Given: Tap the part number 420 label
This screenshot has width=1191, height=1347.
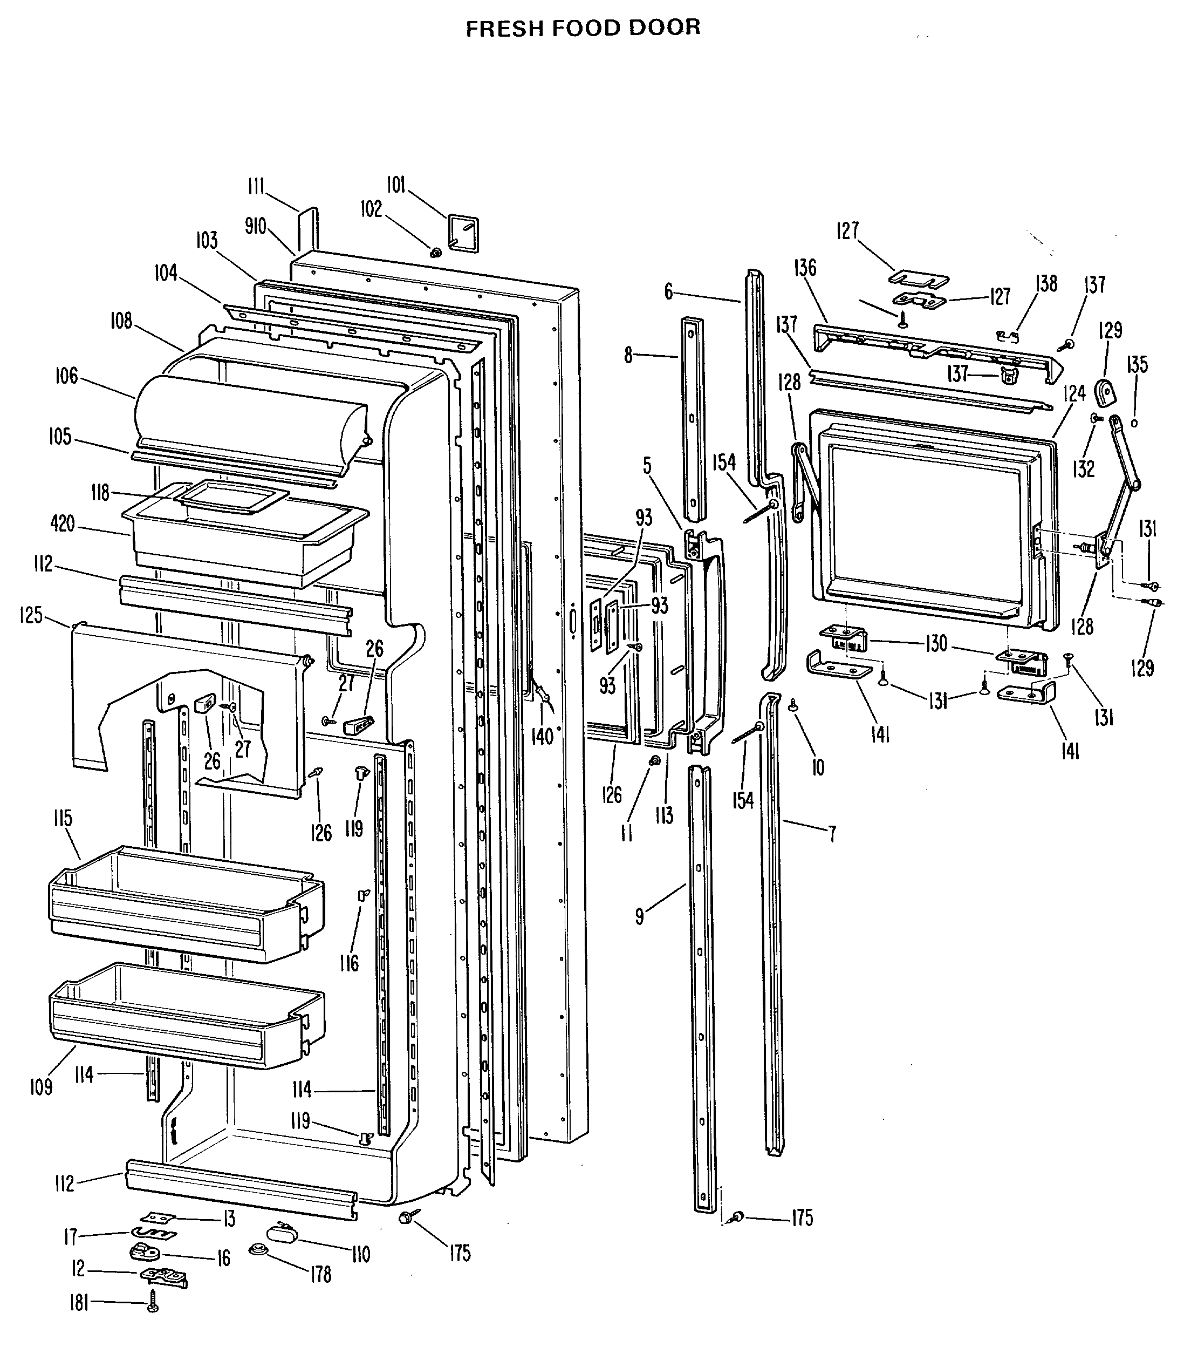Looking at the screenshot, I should coord(63,524).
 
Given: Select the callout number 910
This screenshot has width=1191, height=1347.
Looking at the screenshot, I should coord(256,226).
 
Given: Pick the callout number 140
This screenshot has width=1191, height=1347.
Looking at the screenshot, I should coord(542,736).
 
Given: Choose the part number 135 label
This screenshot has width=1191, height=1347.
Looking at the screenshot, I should coord(1137,364).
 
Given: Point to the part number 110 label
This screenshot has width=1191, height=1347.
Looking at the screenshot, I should coord(360,1254).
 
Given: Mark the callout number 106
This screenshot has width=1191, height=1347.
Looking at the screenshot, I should coord(66,376).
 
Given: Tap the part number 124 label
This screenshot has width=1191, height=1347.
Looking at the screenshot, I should coord(1074,394).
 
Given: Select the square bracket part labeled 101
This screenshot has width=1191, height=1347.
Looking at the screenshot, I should coord(464,232).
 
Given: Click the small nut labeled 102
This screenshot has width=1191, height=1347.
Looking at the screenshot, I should coord(435,251).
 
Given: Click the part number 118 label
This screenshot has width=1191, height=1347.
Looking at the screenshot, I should coord(100,492).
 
